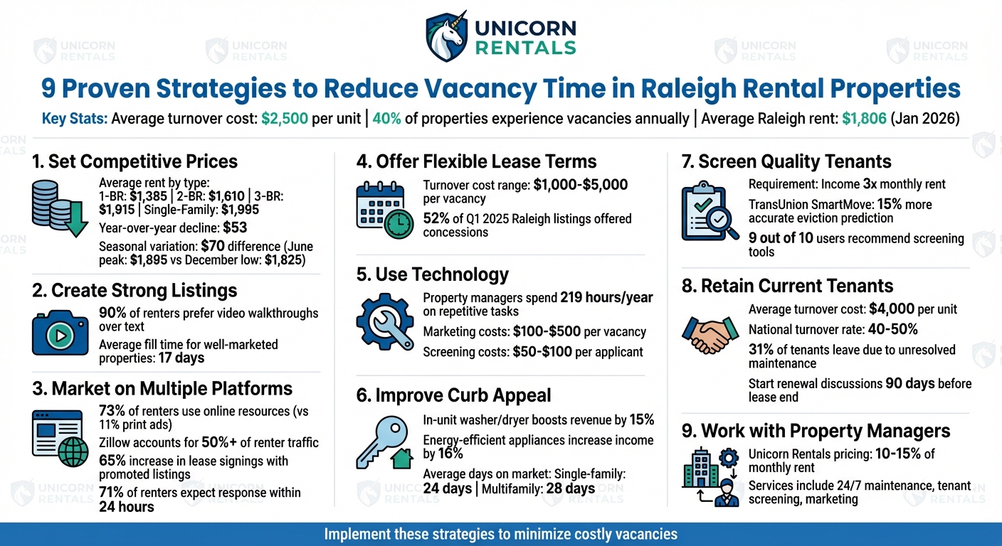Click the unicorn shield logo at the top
click(446, 35)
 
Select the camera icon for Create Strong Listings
click(60, 332)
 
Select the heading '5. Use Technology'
click(432, 275)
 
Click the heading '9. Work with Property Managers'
click(826, 431)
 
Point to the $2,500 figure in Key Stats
click(285, 119)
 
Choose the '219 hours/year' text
click(606, 298)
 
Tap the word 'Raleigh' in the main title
click(686, 89)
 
